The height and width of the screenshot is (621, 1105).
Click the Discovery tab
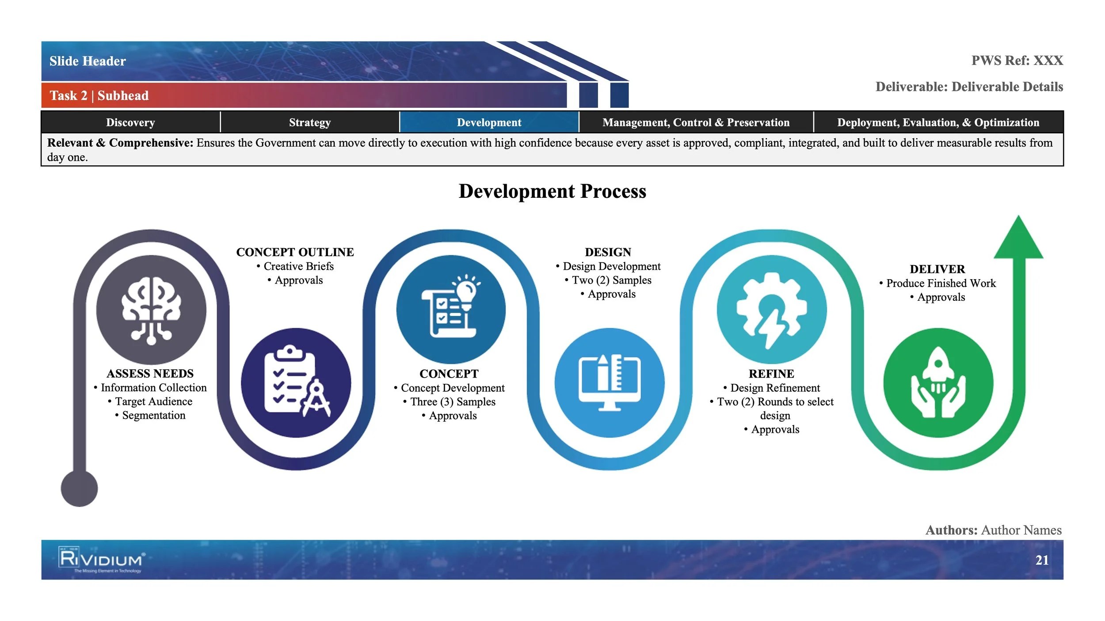point(130,122)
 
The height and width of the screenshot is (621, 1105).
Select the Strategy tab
point(309,122)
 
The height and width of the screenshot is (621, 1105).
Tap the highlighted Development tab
point(489,122)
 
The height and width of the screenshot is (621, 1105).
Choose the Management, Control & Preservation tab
point(696,122)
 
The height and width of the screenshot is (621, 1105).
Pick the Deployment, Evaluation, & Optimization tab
point(938,122)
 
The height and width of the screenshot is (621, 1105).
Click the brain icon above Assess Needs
point(151,310)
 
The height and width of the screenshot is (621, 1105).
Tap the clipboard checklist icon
point(296,382)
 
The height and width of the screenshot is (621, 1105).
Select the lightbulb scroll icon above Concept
point(451,309)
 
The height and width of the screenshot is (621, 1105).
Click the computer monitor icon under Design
point(610,382)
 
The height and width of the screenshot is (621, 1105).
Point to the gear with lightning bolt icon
point(771,309)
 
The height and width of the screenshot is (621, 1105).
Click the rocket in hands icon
point(938,382)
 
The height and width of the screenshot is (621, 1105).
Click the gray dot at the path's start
point(79,488)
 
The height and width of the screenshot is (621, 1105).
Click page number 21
point(1042,560)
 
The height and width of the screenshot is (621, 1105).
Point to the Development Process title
point(552,191)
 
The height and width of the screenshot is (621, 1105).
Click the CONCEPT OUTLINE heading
point(295,252)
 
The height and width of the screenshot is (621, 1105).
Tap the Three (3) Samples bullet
point(453,402)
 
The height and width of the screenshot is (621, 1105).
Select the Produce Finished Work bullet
point(941,283)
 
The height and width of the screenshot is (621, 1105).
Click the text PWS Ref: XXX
point(1017,61)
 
